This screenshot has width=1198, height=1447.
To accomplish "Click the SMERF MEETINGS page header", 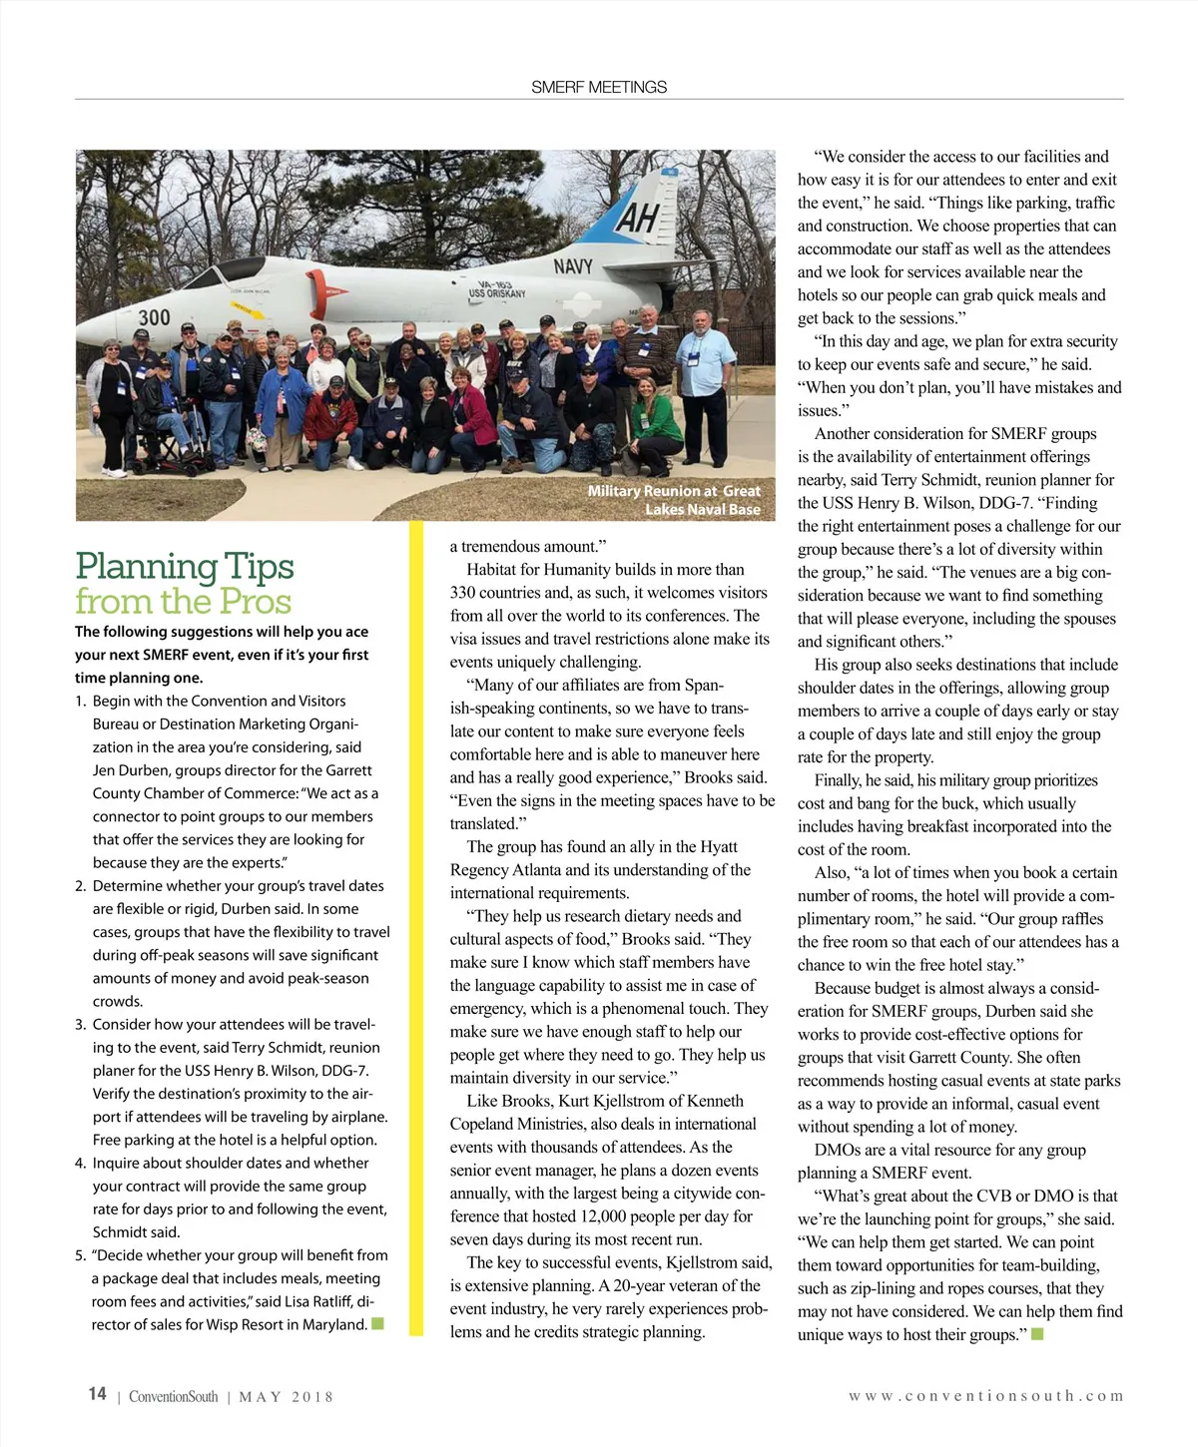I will coord(599,87).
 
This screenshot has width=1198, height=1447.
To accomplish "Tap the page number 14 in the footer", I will coord(97,1393).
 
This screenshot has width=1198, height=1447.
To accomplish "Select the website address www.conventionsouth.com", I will coord(985,1396).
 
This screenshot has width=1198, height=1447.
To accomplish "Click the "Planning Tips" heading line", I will coord(185,566).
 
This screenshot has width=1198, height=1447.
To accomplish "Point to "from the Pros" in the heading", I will coord(184,601).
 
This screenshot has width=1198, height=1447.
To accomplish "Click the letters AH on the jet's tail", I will coord(636,217).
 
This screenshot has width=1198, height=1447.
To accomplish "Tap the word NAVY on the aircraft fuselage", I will coord(573,265).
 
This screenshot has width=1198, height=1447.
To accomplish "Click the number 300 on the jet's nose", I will coord(154,317).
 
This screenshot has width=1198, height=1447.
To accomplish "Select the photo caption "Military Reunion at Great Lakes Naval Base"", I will coord(674,500).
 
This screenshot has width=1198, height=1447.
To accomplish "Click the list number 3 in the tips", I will coord(80,1025).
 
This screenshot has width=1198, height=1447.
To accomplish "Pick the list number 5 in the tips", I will coord(80,1255).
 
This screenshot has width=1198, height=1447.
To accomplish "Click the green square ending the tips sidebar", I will coord(377,1324).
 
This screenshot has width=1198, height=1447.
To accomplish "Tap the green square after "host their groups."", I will coord(1037,1334).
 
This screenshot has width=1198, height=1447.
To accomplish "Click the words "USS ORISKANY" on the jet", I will coord(496,293).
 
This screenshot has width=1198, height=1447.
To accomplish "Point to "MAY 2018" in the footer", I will coord(286,1397).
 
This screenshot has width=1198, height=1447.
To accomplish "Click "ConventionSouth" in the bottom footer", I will coord(173,1397).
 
